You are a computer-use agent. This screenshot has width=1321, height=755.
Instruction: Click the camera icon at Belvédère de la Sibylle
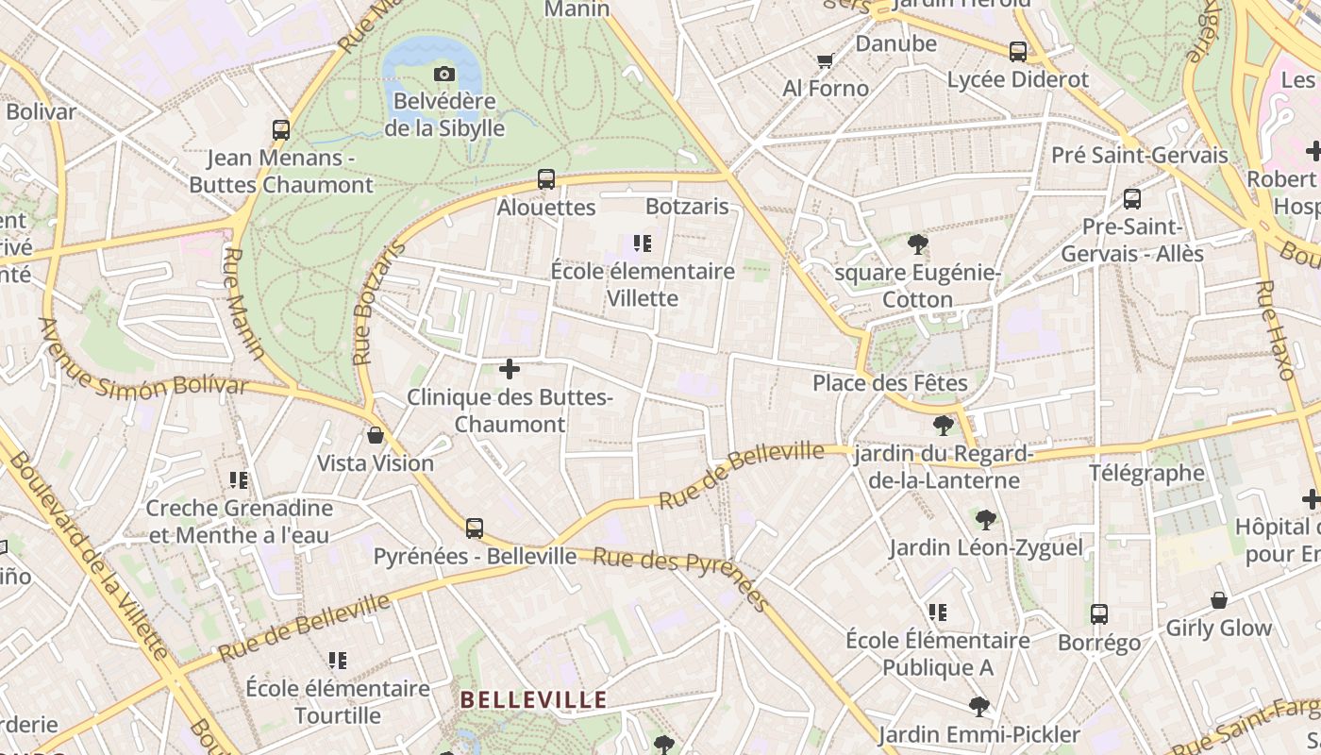click(x=443, y=74)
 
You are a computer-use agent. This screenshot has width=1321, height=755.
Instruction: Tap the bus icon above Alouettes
click(x=545, y=179)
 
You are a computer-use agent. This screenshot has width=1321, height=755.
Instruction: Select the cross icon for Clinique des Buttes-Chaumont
click(x=510, y=369)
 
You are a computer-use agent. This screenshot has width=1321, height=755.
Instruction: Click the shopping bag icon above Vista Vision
click(x=376, y=435)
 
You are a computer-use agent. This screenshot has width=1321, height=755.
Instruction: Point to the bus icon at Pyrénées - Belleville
click(x=475, y=528)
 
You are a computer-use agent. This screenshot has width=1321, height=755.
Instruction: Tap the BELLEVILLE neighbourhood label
click(x=533, y=700)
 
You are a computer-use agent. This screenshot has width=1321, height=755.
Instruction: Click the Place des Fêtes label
click(x=890, y=383)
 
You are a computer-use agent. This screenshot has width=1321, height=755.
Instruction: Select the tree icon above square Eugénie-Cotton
click(x=917, y=245)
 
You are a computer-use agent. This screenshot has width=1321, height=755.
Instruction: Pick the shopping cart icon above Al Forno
click(x=825, y=61)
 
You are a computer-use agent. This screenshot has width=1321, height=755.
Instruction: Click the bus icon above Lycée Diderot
click(x=1017, y=52)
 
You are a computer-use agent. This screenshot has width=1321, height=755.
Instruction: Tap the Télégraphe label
click(x=1146, y=473)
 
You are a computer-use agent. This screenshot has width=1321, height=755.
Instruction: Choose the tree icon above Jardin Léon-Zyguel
click(x=986, y=519)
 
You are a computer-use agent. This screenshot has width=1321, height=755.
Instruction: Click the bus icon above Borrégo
click(x=1098, y=614)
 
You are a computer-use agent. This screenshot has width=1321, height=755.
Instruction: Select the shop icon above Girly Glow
click(x=1219, y=600)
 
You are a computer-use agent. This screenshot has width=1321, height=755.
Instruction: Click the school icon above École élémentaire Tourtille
click(x=338, y=661)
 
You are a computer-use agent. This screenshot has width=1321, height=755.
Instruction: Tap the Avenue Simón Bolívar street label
click(x=142, y=369)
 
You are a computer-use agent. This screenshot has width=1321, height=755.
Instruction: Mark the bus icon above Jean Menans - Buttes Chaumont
click(x=280, y=130)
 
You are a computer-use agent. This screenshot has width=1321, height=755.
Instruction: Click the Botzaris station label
click(x=687, y=206)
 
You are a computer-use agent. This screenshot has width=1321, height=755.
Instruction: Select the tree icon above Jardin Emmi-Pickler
click(x=978, y=706)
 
